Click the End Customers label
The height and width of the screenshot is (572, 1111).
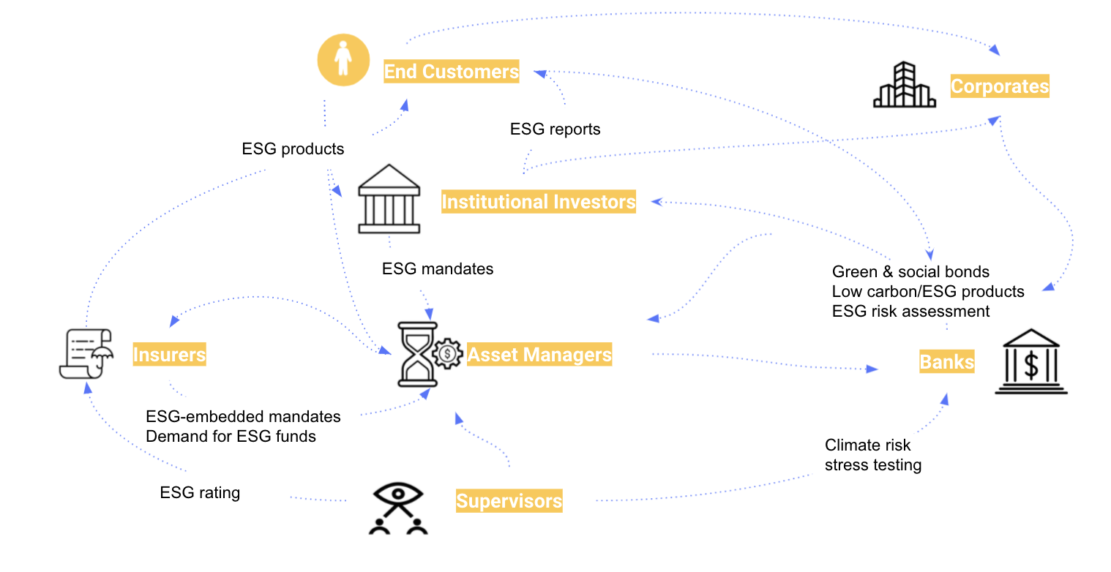coord(451,72)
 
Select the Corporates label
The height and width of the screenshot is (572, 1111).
coord(999,86)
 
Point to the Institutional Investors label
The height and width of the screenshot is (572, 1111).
coord(538,202)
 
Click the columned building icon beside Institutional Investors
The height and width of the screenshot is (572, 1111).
coord(389,201)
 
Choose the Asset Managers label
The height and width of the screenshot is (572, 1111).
coord(539,355)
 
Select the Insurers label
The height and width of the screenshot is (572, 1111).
coord(169,355)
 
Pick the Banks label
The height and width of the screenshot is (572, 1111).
coord(946,362)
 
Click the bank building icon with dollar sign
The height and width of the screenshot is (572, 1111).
coord(1030,361)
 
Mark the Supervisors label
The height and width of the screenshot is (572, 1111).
coord(509,501)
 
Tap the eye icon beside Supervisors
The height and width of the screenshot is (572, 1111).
coord(397,507)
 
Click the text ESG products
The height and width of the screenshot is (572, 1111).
coord(293,149)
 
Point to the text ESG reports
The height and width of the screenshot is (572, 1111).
coord(555,129)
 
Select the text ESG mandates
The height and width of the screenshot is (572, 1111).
coord(438,269)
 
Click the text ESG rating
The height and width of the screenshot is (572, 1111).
coord(200,493)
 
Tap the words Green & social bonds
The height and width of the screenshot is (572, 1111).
coord(910,272)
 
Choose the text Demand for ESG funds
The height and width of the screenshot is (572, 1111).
coord(231,437)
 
